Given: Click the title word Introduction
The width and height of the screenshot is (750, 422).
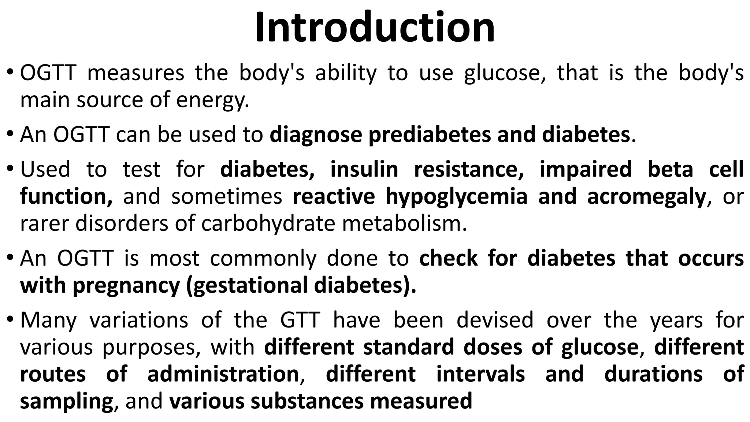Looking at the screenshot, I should [x=375, y=28].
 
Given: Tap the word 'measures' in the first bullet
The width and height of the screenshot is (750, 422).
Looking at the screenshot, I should [x=135, y=73].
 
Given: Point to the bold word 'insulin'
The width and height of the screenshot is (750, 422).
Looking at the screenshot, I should [x=364, y=170].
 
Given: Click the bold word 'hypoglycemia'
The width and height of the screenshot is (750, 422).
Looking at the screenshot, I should [x=456, y=197].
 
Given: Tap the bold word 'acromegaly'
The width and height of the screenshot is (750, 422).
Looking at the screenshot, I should [x=646, y=197].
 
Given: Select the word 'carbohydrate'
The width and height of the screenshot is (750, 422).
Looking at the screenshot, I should [x=268, y=223].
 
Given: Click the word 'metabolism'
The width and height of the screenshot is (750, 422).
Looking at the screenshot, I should [x=401, y=223].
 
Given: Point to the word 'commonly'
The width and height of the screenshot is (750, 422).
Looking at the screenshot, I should [x=263, y=259].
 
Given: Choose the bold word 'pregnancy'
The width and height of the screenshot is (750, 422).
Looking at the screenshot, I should [x=126, y=286].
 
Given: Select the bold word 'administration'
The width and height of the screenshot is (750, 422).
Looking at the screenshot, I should [x=223, y=374].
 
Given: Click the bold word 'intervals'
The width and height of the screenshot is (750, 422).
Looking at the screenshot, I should [x=480, y=374].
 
